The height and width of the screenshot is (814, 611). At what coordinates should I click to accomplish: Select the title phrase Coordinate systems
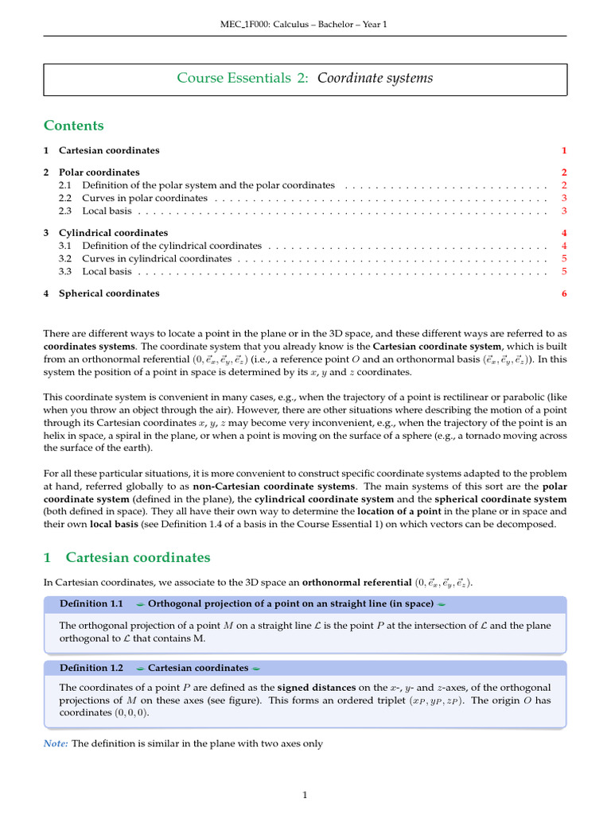point(376,78)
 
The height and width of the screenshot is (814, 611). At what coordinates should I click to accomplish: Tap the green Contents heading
point(73,126)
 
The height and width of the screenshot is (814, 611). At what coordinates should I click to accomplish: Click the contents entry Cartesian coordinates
point(109,150)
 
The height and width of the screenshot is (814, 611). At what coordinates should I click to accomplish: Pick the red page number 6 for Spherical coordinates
point(563,293)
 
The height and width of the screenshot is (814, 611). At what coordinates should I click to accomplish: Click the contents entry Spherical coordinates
point(109,293)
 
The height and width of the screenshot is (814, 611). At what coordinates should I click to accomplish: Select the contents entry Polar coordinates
point(99,172)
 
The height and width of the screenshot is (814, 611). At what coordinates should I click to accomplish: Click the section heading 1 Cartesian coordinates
point(127,558)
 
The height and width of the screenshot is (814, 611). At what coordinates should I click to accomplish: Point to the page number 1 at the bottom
point(305,794)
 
